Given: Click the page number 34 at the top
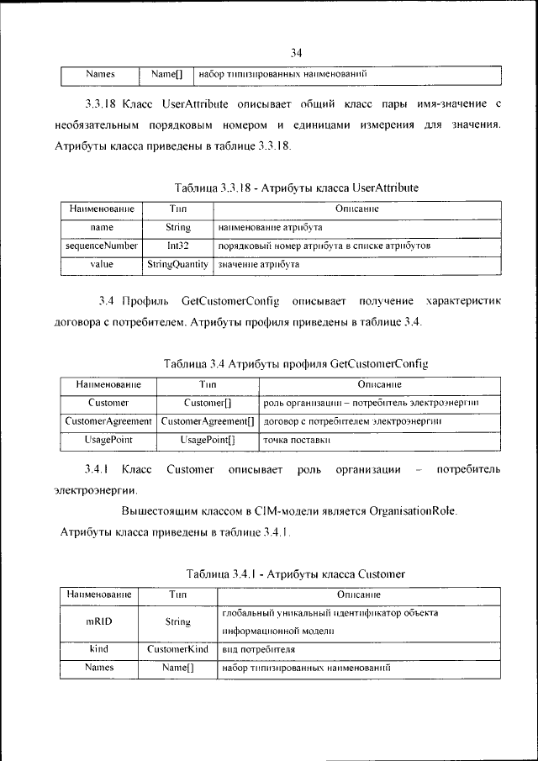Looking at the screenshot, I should tap(296, 53).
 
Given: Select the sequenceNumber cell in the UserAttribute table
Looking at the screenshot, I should tap(102, 246).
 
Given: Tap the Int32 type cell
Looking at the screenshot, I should tap(177, 246).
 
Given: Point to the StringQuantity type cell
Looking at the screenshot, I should tap(177, 264).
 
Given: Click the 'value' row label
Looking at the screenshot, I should tap(102, 264).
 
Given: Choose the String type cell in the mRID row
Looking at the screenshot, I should tap(177, 622).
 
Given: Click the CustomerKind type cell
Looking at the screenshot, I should tap(177, 650).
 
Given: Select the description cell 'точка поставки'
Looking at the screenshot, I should tap(294, 440).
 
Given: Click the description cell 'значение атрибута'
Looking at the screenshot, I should tap(258, 264).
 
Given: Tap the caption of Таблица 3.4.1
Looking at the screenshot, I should tap(296, 573).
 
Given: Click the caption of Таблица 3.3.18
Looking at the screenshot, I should tap(296, 188).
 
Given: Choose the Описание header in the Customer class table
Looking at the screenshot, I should tap(360, 595).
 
